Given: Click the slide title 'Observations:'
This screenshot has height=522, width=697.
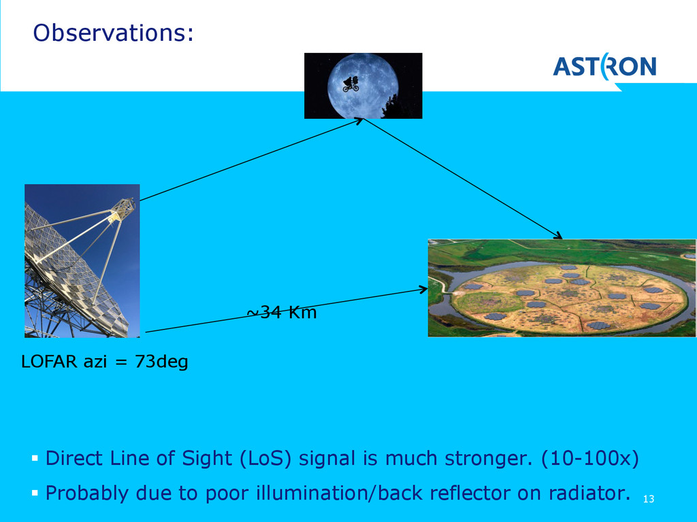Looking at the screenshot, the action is pos(114,33).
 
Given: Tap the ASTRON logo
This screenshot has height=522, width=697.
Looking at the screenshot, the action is pos(604,67).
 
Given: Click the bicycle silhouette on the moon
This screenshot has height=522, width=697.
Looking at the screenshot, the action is pos(351,84).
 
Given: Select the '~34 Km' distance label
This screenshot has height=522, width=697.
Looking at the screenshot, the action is pos(282,312).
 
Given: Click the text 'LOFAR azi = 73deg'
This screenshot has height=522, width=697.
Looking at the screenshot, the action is pos(104,362).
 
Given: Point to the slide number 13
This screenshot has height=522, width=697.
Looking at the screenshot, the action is pos(649,499).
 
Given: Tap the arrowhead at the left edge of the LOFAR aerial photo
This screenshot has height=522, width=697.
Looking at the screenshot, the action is pos(423,290).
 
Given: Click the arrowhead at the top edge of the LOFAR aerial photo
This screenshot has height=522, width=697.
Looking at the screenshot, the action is pos(558,235).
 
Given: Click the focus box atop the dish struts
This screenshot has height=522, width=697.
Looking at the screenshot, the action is pos(123,209).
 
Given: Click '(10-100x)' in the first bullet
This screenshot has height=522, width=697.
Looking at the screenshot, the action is pos(590,458).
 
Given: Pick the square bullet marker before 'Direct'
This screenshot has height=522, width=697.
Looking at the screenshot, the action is pos(35,457).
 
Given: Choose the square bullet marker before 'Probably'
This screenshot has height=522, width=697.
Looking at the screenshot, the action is pos(35,493).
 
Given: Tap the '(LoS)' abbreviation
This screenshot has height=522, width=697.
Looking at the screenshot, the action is pos(265,458).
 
